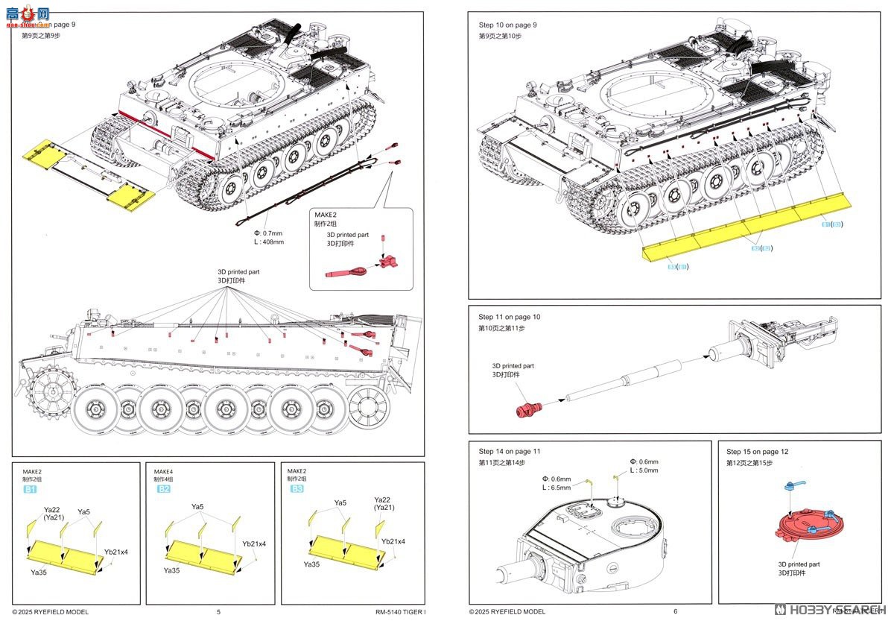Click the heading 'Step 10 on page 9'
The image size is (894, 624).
[x=507, y=25]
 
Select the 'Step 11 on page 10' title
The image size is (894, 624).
[x=509, y=317]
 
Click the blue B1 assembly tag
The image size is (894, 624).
[x=30, y=489]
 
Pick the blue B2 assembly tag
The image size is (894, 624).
[x=163, y=489]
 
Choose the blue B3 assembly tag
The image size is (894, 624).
[x=297, y=489]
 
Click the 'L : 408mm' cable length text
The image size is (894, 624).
[x=269, y=242]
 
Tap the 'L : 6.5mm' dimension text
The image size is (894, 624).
[x=557, y=488]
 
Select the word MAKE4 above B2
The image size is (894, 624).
[x=164, y=472]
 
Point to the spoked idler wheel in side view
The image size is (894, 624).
[x=370, y=408]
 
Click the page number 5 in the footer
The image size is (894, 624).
[x=218, y=612]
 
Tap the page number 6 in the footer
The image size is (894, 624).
[x=675, y=612]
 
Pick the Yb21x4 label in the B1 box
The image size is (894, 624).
[x=115, y=552]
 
